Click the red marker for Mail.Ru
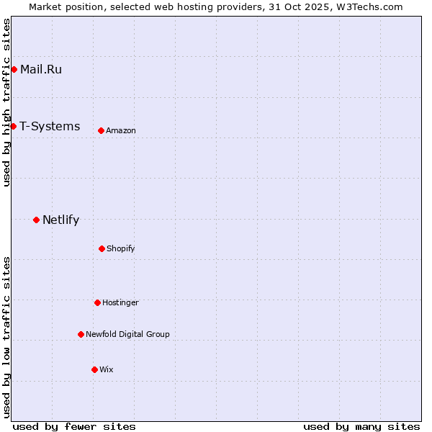(x=14, y=69)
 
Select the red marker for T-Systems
(x=13, y=126)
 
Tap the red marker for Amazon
(x=101, y=130)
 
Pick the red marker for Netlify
(x=36, y=220)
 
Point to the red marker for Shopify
(x=102, y=248)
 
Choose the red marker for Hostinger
(x=97, y=302)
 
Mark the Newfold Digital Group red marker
(x=81, y=334)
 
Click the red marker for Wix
(x=94, y=369)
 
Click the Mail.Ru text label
(x=41, y=69)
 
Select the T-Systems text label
(x=50, y=126)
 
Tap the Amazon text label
(x=121, y=130)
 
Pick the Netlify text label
(x=60, y=220)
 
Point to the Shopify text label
(x=121, y=248)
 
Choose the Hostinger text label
(x=120, y=302)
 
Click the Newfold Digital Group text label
(x=127, y=334)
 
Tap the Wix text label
(x=107, y=369)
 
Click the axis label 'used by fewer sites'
(x=74, y=426)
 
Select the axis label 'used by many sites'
(x=361, y=426)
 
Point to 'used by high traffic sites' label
(x=6, y=102)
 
